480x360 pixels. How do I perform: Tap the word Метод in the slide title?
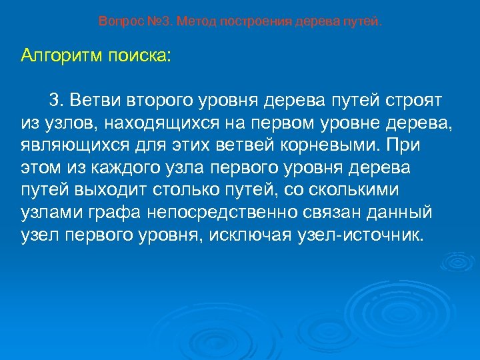191,21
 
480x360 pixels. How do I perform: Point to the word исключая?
257,235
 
